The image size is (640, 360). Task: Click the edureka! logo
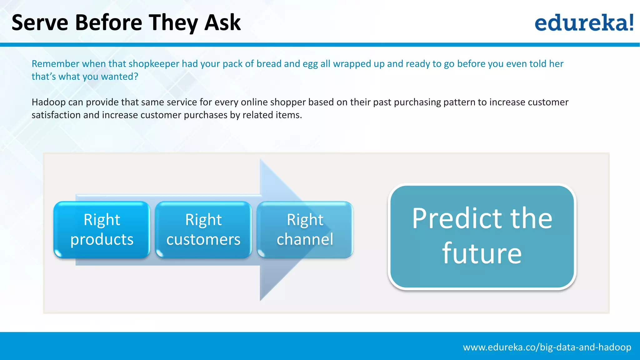click(x=584, y=23)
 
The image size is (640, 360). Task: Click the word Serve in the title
click(x=40, y=23)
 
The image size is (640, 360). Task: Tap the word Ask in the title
click(x=222, y=23)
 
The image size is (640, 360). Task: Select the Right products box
click(x=102, y=230)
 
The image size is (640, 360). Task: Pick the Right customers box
click(x=203, y=230)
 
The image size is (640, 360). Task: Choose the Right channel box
click(x=305, y=230)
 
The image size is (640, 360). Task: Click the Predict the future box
click(x=482, y=236)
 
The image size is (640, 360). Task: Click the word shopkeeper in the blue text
click(x=154, y=64)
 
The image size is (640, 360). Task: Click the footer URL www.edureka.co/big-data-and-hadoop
click(x=547, y=347)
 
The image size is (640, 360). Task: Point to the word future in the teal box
click(x=482, y=253)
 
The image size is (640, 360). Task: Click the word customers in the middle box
click(x=203, y=240)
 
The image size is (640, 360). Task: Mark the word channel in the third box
click(x=305, y=240)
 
